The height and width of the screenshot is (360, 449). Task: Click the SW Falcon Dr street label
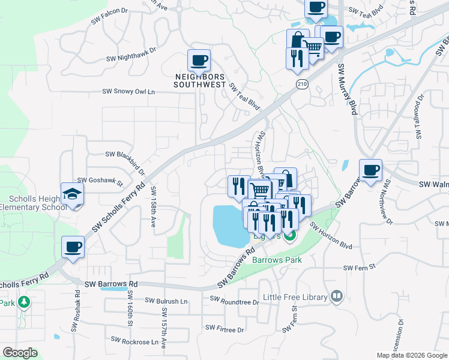pyautogui.click(x=110, y=20)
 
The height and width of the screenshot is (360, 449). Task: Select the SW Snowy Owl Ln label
pyautogui.click(x=128, y=92)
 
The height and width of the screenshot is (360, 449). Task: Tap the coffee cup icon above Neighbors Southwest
pyautogui.click(x=199, y=61)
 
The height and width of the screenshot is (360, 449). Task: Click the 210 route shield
pyautogui.click(x=302, y=85)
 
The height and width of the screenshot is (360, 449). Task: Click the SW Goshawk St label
pyautogui.click(x=100, y=181)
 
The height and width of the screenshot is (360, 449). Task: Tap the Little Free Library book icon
pyautogui.click(x=336, y=296)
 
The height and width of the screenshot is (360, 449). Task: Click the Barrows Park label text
pyautogui.click(x=277, y=260)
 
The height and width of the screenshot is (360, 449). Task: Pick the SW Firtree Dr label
pyautogui.click(x=224, y=329)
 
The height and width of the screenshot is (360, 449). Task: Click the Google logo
pyautogui.click(x=20, y=353)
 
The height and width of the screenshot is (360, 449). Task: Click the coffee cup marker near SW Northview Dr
pyautogui.click(x=371, y=170)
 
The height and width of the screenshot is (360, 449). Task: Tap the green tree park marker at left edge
pyautogui.click(x=23, y=302)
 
